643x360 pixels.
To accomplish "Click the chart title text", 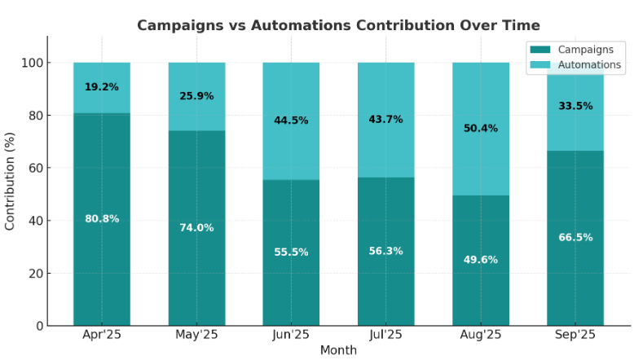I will pos(338,25).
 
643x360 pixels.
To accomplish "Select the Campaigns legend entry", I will pos(575,50).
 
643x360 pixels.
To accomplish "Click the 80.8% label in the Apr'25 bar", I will pos(102,218).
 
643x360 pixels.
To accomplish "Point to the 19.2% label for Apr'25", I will pos(102,86).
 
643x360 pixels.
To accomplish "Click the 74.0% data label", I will pos(196,227).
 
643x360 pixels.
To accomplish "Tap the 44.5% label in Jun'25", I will pos(291,121).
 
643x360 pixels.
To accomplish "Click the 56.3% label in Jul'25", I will pos(385,251).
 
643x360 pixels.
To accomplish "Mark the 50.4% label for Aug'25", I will pos(480,128).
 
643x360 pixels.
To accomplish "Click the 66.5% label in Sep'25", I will pos(575,237).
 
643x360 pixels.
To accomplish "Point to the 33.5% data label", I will pos(575,106).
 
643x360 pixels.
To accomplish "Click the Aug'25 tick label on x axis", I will pos(480,335).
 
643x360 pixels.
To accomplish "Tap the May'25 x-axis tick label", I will pos(196,335).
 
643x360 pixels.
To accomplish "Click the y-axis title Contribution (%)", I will pos(11,181).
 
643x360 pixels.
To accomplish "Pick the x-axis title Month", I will pos(338,350).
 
